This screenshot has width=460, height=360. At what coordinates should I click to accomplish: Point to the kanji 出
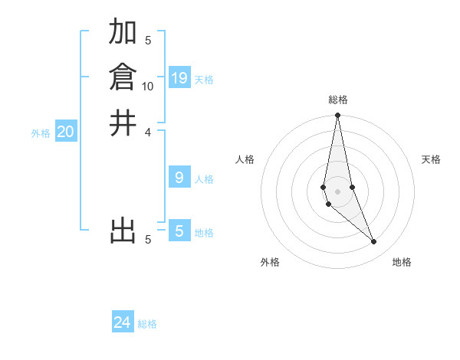click(123, 230)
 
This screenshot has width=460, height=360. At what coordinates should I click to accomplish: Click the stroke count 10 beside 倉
click(148, 87)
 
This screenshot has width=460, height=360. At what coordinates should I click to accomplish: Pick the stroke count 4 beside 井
click(148, 132)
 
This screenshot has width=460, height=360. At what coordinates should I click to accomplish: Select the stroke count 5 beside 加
click(148, 41)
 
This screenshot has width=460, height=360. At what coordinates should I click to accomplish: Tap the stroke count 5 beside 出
click(148, 240)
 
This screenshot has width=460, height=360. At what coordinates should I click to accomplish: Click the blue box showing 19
click(179, 77)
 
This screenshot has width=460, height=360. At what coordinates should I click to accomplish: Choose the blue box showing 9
click(179, 178)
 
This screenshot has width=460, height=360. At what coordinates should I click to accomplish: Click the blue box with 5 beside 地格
click(179, 231)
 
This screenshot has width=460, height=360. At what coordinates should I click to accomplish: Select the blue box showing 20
click(66, 132)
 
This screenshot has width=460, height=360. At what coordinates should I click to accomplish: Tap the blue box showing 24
click(123, 322)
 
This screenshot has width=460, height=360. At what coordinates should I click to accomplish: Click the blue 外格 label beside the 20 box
click(41, 133)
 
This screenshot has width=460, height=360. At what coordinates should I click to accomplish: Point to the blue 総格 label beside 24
click(147, 324)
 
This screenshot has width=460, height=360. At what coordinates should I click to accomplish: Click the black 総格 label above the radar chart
click(337, 100)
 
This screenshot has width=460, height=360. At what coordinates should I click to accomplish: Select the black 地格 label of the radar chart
click(402, 262)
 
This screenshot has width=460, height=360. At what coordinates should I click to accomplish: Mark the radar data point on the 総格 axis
click(337, 116)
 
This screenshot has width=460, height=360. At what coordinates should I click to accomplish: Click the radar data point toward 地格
click(374, 242)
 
